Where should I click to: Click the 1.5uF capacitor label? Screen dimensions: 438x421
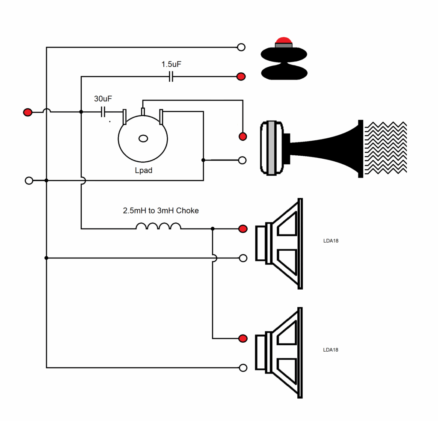[x=171, y=64]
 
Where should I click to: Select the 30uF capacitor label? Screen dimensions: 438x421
[x=103, y=98]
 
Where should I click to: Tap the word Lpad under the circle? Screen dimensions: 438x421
[x=144, y=170]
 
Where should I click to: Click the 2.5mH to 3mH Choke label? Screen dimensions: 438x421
[x=161, y=210]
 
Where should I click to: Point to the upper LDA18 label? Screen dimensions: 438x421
[x=331, y=241]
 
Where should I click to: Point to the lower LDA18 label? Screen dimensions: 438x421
[x=331, y=350]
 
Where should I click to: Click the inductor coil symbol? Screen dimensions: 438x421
[x=158, y=226]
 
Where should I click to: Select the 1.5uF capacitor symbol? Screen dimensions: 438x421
[x=171, y=76]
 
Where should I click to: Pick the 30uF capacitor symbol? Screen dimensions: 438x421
[x=103, y=112]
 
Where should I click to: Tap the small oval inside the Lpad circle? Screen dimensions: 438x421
[x=143, y=138]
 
